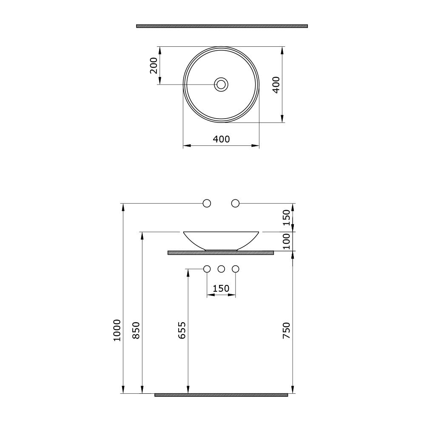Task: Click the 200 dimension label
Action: coord(154,65)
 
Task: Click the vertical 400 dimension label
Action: coord(276,85)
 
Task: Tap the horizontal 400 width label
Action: coord(221,139)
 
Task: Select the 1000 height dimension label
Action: coord(117,330)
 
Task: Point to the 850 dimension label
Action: coord(137,330)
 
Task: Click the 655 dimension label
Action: coord(182,330)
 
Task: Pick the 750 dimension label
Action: coord(287,330)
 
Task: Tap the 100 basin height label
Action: coord(287,242)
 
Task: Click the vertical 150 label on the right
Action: coord(287,218)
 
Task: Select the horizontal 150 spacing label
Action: coord(221,288)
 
